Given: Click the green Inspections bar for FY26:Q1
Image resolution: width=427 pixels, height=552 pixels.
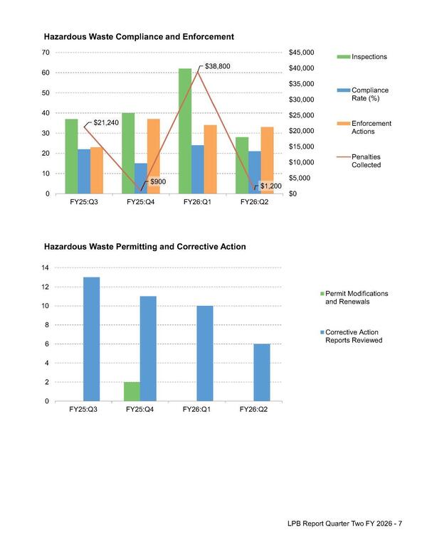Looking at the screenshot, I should click(x=185, y=131).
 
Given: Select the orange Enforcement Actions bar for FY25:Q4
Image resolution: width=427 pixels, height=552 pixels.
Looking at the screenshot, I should click(x=153, y=156).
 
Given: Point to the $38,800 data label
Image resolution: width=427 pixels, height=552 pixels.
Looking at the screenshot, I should click(x=217, y=66).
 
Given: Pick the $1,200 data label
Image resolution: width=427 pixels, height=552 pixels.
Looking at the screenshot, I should click(x=271, y=186).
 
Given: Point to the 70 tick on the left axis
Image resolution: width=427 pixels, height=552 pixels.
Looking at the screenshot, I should click(x=45, y=53).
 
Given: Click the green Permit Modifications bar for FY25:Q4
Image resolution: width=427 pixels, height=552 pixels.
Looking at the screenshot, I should click(x=132, y=391).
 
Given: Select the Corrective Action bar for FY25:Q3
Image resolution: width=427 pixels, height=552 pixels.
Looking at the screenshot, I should click(x=91, y=339).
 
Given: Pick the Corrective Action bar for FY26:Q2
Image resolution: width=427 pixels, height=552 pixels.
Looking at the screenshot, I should click(x=262, y=373).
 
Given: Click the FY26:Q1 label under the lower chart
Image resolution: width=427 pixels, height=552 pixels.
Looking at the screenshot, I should click(x=198, y=410).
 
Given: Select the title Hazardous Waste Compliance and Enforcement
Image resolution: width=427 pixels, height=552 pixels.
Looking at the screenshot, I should click(x=139, y=36).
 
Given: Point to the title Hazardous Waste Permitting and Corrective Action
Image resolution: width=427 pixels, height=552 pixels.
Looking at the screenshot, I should click(x=144, y=247).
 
